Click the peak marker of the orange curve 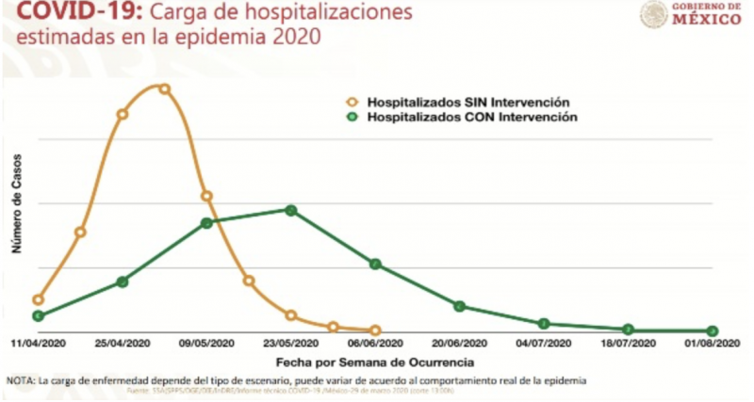coord(164,89)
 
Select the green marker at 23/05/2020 coord(291,210)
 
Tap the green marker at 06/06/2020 coord(375,265)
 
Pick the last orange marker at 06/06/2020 coord(375,330)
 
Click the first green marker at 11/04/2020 coord(38,316)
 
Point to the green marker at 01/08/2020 coord(713,330)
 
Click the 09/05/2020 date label coord(206,344)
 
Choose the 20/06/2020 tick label coord(459,344)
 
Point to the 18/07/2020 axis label coord(628,344)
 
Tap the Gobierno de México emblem coord(653,15)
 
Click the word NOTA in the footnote coord(20,380)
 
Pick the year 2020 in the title coord(293,40)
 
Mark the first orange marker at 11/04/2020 coord(38,299)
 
